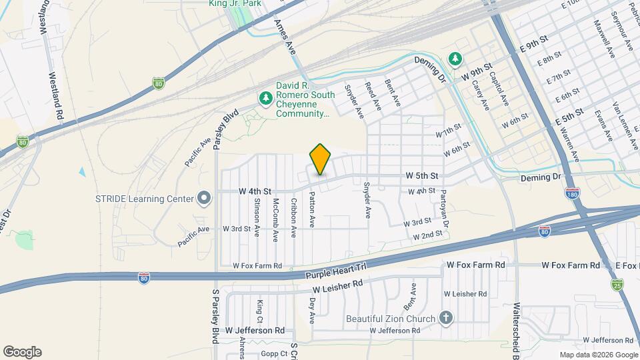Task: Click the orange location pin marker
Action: [320, 159]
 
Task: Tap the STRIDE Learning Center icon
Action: [205, 198]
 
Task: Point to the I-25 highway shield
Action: [617, 285]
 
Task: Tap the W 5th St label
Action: [421, 176]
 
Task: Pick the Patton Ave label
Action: [311, 210]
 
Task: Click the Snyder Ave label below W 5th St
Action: [366, 200]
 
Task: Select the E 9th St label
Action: [531, 46]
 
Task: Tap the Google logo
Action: [22, 351]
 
